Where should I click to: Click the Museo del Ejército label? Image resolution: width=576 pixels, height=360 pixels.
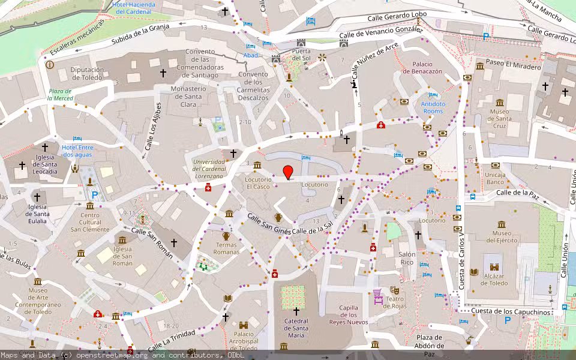click(502, 236)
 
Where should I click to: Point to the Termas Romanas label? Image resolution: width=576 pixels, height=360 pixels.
click(226, 248)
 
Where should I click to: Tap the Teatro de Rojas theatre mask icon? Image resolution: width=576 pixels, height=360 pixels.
click(395, 290)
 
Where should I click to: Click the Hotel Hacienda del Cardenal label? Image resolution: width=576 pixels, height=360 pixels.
click(134, 8)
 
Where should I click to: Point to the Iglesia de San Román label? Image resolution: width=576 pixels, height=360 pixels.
click(122, 256)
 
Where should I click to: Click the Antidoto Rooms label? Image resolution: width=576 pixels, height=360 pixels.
click(433, 107)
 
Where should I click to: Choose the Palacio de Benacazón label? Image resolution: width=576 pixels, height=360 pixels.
click(427, 67)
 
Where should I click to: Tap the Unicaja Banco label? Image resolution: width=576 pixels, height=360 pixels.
click(495, 178)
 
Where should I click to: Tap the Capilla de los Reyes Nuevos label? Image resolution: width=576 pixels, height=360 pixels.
click(349, 315)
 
